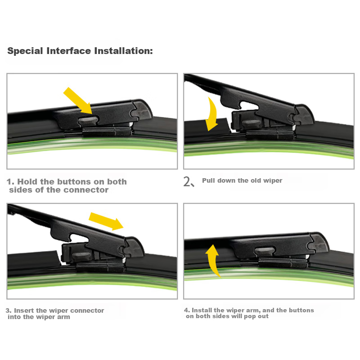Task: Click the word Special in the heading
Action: pyautogui.click(x=25, y=51)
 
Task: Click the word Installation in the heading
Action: pyautogui.click(x=123, y=51)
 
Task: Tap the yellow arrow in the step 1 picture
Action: pyautogui.click(x=78, y=100)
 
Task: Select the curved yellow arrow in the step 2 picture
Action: pyautogui.click(x=212, y=114)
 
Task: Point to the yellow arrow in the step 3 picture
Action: pyautogui.click(x=106, y=221)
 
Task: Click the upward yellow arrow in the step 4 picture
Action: pyautogui.click(x=213, y=261)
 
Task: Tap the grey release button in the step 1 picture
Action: pyautogui.click(x=88, y=121)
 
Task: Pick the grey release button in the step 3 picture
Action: pyautogui.click(x=81, y=256)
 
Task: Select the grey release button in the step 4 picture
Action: pyautogui.click(x=265, y=252)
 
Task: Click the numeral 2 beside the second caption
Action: pyautogui.click(x=187, y=181)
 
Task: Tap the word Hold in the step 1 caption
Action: pyautogui.click(x=27, y=182)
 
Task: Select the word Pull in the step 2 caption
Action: pyautogui.click(x=209, y=180)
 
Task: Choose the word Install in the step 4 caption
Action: pyautogui.click(x=202, y=310)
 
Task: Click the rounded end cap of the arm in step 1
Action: pyautogui.click(x=143, y=109)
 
